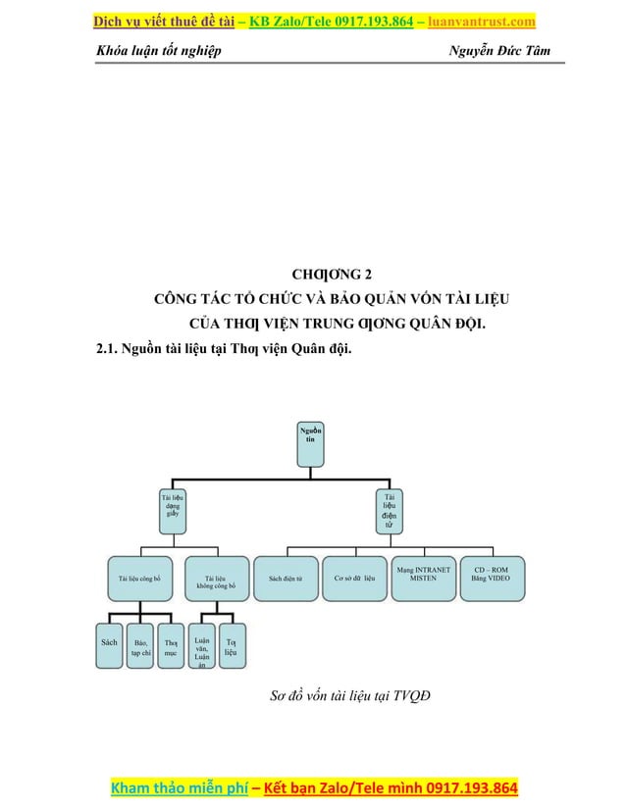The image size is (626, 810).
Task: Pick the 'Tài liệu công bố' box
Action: pos(139,579)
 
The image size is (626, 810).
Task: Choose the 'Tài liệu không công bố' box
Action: pos(216,582)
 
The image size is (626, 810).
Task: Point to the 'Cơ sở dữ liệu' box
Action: pos(355,579)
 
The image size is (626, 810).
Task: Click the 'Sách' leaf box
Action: pos(110,643)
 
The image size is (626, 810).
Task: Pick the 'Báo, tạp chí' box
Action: pos(141,646)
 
